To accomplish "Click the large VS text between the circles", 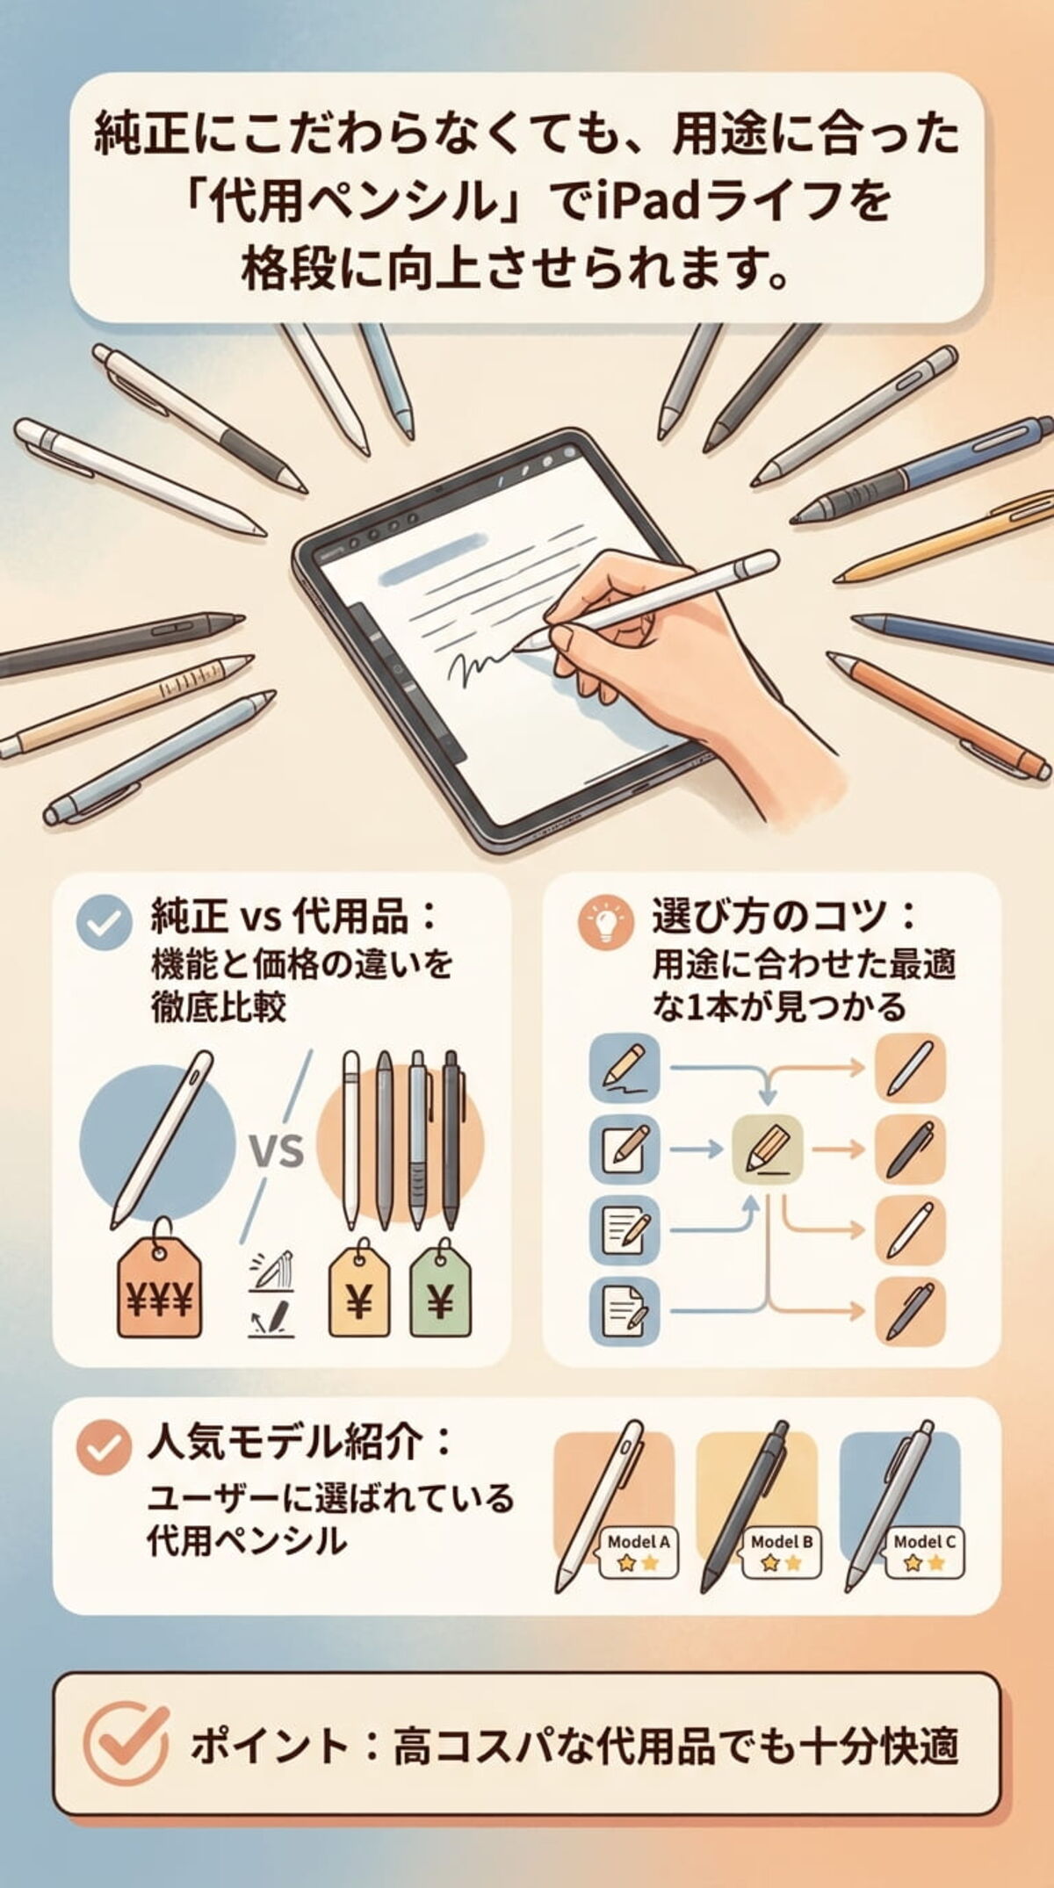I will pos(277,1150).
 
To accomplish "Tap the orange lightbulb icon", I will pos(605,923).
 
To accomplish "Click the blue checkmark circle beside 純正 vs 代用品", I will pos(105,923).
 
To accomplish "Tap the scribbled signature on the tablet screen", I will pos(479,667).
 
